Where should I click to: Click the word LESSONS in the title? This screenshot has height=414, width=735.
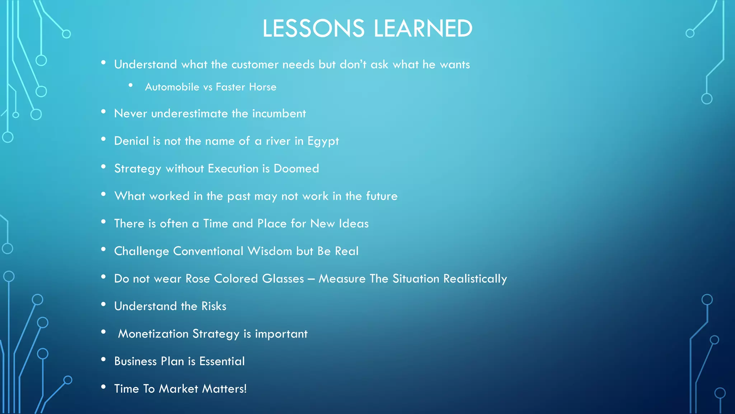(x=313, y=28)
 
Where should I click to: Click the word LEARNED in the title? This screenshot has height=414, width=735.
(x=423, y=28)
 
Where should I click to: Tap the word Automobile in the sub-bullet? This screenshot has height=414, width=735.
(x=172, y=87)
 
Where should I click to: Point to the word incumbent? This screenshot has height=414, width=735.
(x=279, y=114)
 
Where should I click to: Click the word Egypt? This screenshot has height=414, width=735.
(x=323, y=141)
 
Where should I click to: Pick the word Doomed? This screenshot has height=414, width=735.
(x=296, y=169)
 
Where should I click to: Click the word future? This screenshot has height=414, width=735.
(x=381, y=196)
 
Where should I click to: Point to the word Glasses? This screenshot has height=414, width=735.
(x=283, y=279)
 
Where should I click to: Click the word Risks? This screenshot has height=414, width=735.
(x=214, y=306)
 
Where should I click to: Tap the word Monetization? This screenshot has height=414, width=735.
(x=153, y=334)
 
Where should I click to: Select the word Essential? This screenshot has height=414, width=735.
(x=222, y=361)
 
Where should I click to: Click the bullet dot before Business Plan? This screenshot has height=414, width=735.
(x=103, y=359)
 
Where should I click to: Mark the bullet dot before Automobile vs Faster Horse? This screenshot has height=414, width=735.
(x=131, y=85)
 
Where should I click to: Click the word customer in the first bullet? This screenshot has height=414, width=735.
(x=255, y=65)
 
